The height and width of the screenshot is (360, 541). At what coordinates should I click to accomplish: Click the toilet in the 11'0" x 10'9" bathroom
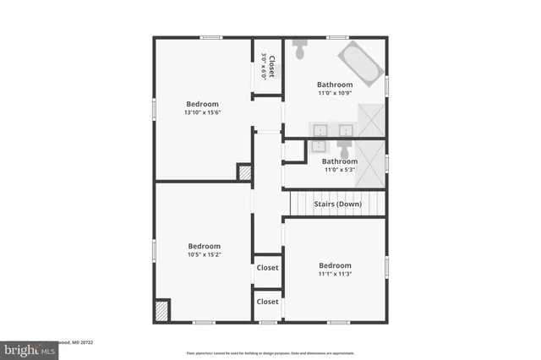click(x=299, y=51)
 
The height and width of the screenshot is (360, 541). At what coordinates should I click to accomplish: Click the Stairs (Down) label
click(x=338, y=205)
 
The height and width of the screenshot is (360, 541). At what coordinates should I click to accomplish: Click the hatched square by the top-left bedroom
click(x=245, y=172)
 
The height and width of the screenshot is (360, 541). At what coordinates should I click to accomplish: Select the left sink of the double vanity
click(x=321, y=131)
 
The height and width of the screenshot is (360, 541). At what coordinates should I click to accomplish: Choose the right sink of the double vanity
click(x=346, y=131)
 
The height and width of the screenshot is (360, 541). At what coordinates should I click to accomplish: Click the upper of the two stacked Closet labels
click(x=268, y=268)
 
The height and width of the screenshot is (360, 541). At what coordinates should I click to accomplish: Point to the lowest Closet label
click(x=268, y=302)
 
